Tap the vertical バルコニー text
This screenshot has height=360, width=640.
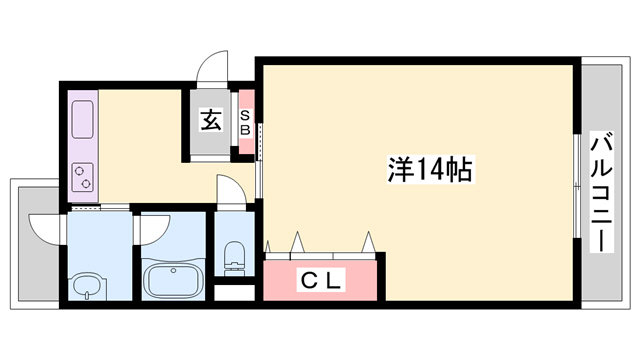pos(601,190)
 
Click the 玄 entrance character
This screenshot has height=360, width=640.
pos(211,121)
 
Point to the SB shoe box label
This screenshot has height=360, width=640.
pos(244,122)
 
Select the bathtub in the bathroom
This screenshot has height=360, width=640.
pos(174,278)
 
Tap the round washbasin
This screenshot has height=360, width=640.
pos(87,287)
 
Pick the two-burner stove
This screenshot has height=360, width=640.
pos(82,176)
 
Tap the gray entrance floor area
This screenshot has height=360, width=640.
pos(209,140)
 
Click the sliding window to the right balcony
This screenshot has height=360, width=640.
pos(577,185)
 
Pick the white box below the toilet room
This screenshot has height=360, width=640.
pos(235,294)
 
